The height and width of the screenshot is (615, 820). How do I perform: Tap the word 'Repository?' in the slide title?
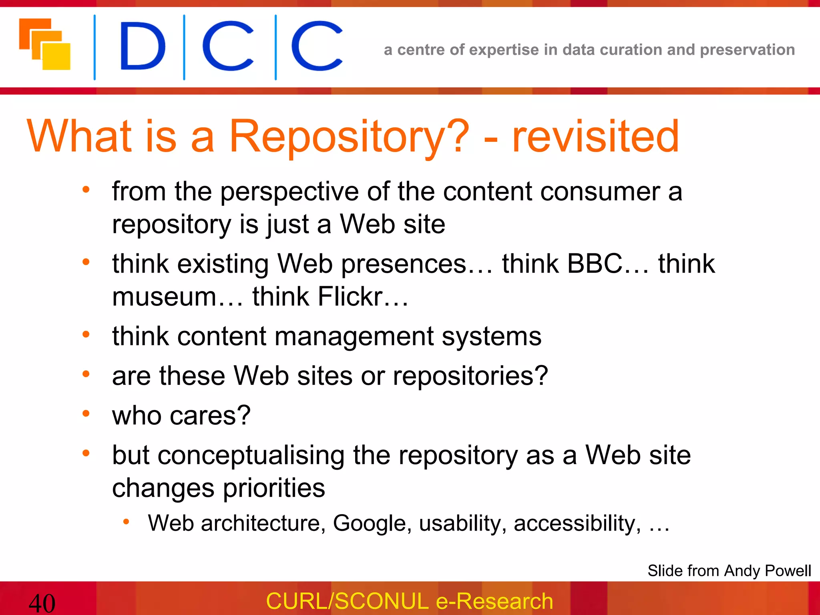[x=348, y=137]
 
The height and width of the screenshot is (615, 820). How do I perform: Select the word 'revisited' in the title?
[x=595, y=137]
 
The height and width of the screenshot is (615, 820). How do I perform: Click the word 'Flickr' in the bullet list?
[x=350, y=297]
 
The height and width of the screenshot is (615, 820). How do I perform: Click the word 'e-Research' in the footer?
[x=494, y=601]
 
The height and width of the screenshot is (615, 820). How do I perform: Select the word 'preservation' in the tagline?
[x=747, y=50]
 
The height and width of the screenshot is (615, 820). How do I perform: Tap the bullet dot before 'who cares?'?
[x=86, y=413]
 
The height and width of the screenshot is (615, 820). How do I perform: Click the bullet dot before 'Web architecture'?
[x=126, y=521]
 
